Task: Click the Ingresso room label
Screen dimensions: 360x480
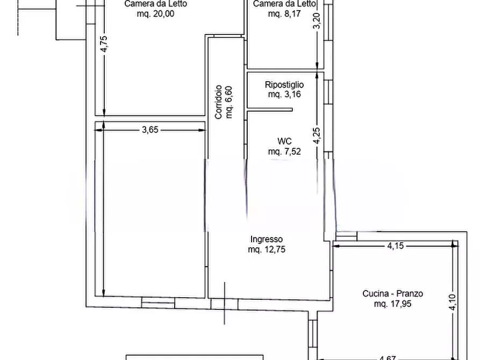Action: coord(266,240)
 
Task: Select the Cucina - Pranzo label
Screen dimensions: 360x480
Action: coord(392,294)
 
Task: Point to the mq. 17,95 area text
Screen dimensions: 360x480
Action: coord(392,304)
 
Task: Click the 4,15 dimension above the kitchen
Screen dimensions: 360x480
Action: coord(396,246)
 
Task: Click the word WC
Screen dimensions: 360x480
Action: coord(284,141)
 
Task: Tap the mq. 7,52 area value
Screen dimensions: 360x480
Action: coord(284,152)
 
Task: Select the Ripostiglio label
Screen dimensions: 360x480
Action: coord(284,85)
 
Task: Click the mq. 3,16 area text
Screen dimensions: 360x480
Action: coord(284,95)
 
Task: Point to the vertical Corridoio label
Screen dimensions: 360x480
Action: coord(219,102)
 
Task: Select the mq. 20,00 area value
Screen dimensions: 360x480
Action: coord(156,14)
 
